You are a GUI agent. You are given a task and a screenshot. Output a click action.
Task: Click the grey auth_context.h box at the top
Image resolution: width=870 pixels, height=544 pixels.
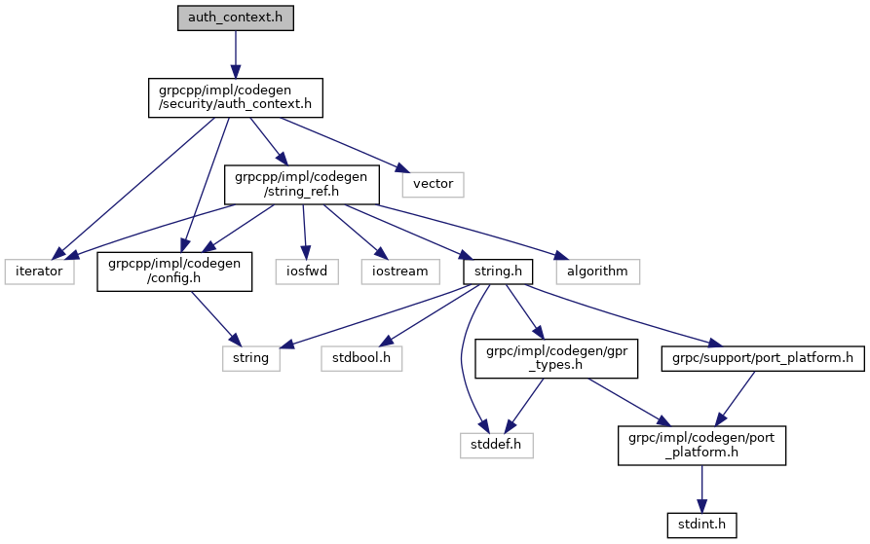pyautogui.click(x=235, y=18)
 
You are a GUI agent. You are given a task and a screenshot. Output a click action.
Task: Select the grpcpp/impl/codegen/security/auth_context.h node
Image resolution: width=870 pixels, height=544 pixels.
pyautogui.click(x=235, y=96)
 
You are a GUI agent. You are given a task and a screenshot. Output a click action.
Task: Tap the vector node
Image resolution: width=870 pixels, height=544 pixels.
pyautogui.click(x=432, y=182)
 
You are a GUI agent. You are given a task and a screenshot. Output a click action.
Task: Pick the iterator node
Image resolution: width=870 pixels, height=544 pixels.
pyautogui.click(x=39, y=271)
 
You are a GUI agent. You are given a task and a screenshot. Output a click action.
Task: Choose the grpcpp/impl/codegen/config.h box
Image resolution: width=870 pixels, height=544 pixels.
pyautogui.click(x=174, y=271)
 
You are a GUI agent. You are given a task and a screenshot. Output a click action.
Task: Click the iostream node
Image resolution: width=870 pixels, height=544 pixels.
pyautogui.click(x=399, y=271)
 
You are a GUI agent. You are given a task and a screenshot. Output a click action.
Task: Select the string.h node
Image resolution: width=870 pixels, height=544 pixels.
pyautogui.click(x=497, y=271)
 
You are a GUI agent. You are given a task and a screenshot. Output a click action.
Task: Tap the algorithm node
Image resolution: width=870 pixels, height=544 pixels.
pyautogui.click(x=597, y=271)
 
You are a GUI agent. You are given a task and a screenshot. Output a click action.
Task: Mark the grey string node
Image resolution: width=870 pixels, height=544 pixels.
pyautogui.click(x=250, y=358)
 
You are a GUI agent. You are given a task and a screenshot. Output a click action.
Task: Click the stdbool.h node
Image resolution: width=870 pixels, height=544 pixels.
pyautogui.click(x=361, y=358)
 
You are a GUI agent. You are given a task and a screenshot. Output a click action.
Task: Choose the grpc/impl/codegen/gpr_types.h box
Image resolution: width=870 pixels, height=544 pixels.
pyautogui.click(x=555, y=358)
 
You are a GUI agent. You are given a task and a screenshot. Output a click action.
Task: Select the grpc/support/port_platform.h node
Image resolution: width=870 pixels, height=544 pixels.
pyautogui.click(x=763, y=358)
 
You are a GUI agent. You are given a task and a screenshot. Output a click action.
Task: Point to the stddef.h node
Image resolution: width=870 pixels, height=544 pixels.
pyautogui.click(x=497, y=445)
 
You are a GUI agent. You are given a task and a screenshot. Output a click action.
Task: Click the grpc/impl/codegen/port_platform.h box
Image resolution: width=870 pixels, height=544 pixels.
pyautogui.click(x=701, y=445)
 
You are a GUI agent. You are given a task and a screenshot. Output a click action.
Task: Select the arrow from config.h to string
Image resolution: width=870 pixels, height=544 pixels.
pyautogui.click(x=212, y=315)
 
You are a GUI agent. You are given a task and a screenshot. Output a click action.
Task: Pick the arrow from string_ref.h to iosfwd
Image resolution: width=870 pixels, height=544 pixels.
pyautogui.click(x=306, y=228)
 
